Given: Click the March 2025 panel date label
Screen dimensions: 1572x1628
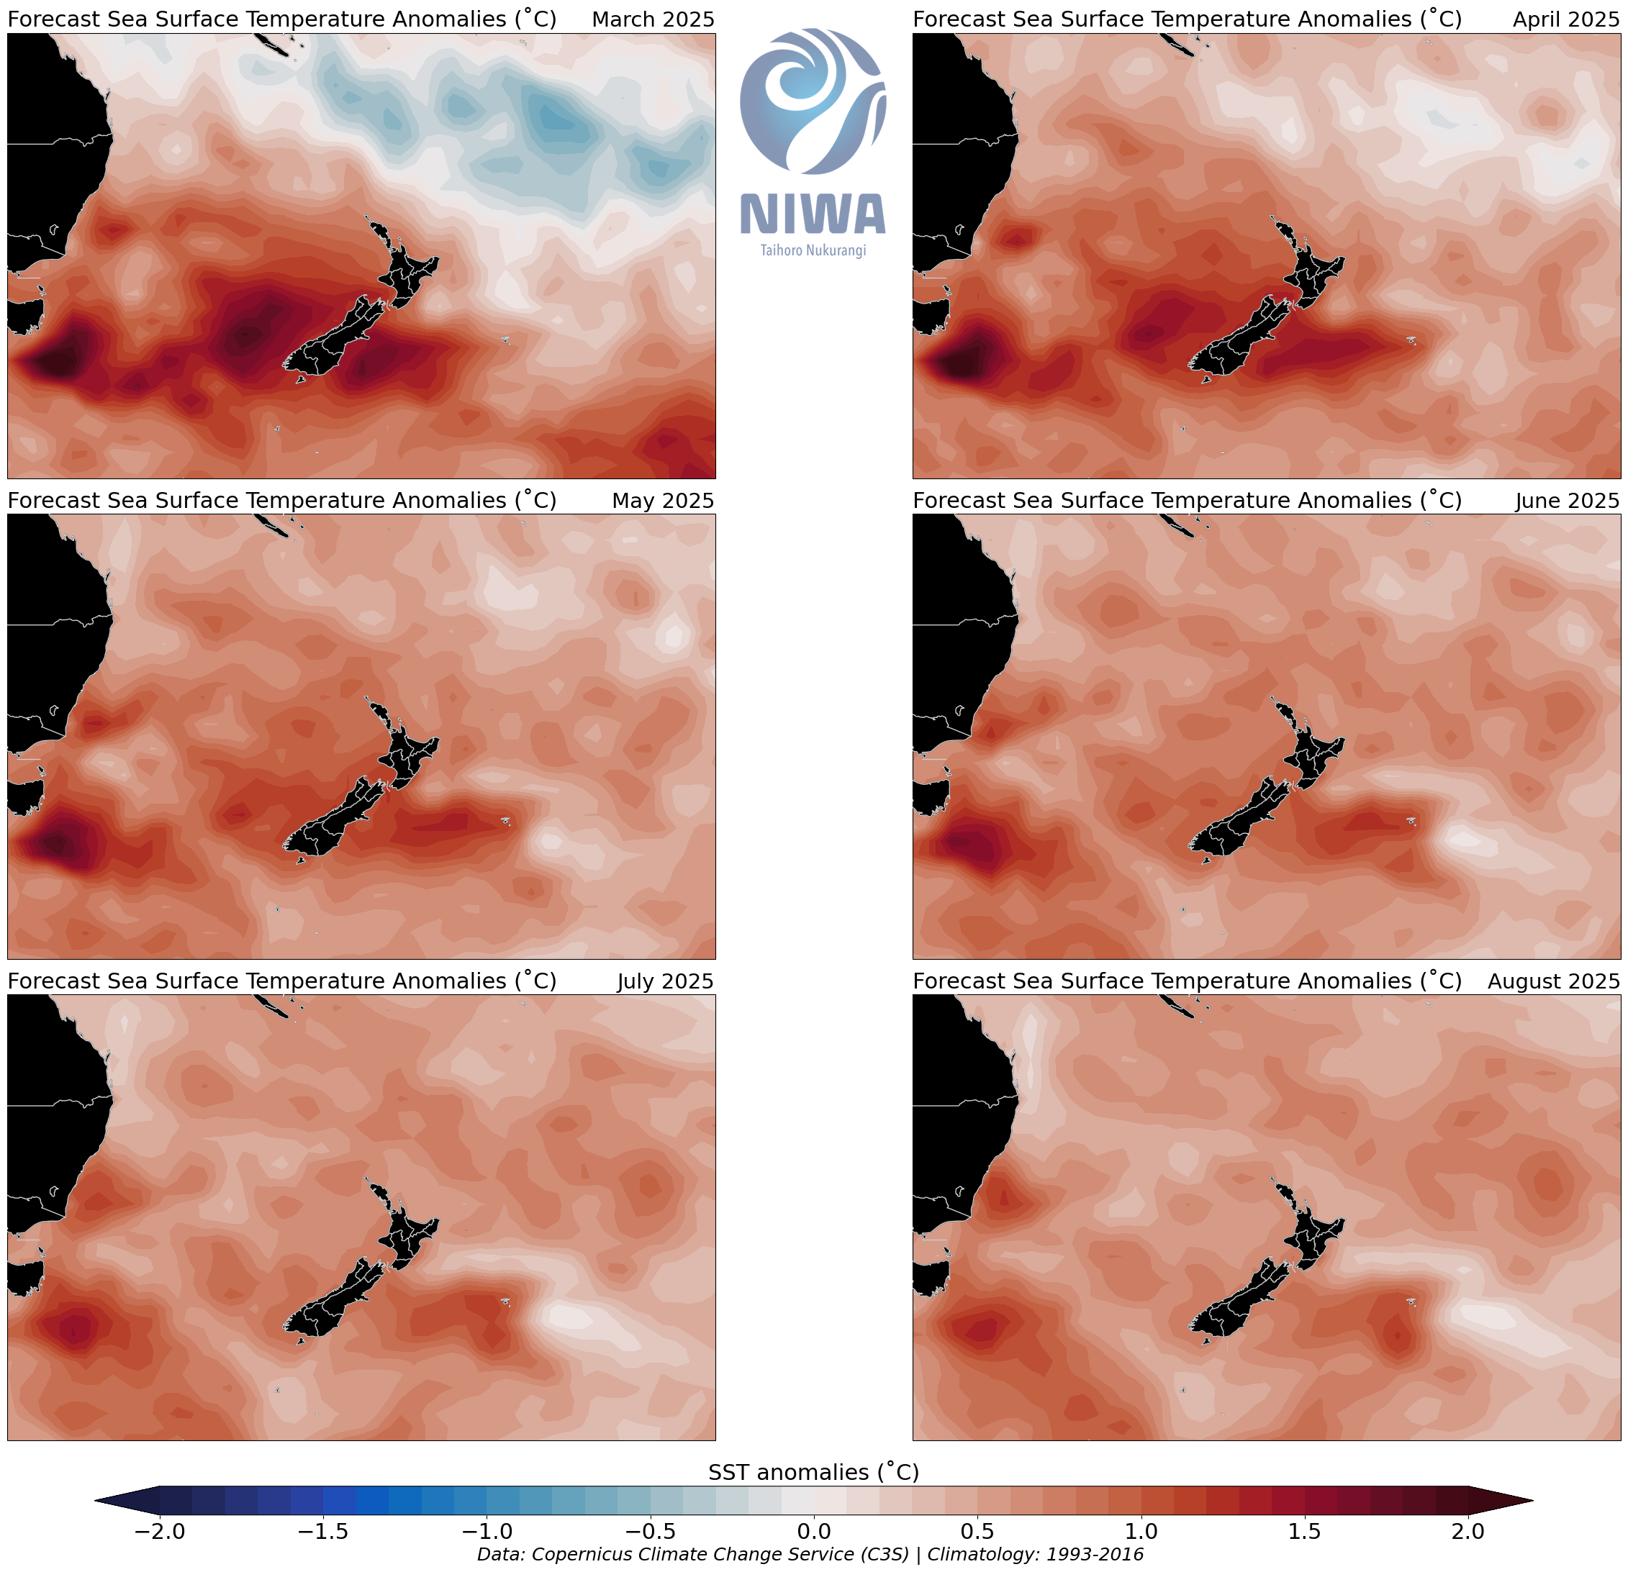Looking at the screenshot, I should coord(653,19).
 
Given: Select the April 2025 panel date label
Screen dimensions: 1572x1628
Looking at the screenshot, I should coord(1565,19).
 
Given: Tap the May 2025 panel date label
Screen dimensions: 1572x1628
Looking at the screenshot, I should coord(663,501).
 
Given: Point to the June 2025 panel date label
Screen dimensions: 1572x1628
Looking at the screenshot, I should coord(1567,501).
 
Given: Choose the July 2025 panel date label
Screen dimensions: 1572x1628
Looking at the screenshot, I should coord(665,981).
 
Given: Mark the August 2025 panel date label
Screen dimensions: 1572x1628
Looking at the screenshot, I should coord(1553,981).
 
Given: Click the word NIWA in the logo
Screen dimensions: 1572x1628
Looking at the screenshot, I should coord(813,214).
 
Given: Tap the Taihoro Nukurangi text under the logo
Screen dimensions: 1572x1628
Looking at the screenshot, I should coord(813,250).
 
